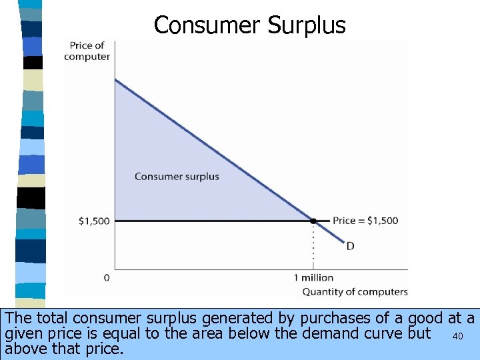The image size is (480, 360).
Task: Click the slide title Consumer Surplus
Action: pos(249,25)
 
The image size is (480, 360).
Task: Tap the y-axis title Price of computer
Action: pos(87,51)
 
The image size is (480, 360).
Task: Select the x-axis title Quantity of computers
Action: pos(355,291)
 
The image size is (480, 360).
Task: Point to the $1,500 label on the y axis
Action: pos(93,221)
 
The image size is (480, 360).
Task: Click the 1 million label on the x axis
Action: pos(313,277)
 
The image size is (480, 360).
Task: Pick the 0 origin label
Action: pos(107,277)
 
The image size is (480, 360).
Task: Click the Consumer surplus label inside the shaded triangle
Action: pos(177,177)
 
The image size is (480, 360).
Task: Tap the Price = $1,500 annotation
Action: pos(365,221)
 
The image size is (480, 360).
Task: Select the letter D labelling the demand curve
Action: pos(350,247)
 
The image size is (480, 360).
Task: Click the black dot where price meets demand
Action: pos(313,221)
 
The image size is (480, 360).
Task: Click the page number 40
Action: pos(457,336)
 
